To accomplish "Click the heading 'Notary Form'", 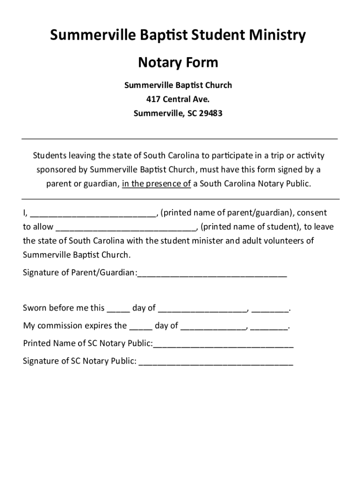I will pos(178,62).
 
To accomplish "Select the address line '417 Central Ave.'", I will pos(178,99).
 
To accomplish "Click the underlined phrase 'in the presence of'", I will pos(156,183).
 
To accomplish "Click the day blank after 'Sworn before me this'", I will pos(118,309).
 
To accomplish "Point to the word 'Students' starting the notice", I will pos(49,155).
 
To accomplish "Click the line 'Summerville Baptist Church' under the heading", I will pos(178,85).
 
